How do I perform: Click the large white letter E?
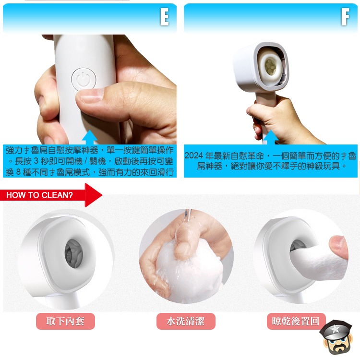(x=164, y=16)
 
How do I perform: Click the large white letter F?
(x=345, y=16)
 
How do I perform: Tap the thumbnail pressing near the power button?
(x=91, y=96)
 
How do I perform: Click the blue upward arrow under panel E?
(x=90, y=137)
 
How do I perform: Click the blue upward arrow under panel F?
(x=271, y=137)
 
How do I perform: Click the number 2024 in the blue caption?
(x=193, y=156)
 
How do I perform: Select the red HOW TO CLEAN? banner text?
(x=39, y=195)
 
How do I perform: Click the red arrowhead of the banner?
(x=94, y=195)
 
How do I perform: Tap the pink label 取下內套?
(x=65, y=321)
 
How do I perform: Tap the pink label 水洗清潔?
(x=186, y=321)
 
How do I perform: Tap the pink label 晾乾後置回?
(x=296, y=321)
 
